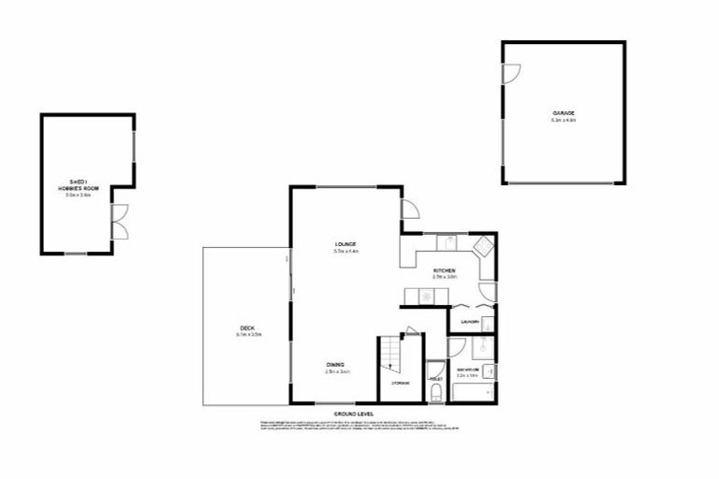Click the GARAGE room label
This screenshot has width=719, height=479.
point(564,113)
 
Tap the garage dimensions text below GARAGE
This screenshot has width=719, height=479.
point(564,121)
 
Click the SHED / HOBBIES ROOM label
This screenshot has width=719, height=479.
point(78,184)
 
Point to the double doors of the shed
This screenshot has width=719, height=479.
point(118,222)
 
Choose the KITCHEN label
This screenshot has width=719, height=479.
point(444,271)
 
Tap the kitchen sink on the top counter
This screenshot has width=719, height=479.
point(449,242)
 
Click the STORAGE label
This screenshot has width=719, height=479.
point(400,383)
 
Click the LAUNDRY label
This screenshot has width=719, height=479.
point(470,323)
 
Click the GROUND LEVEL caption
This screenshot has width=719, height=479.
point(354,413)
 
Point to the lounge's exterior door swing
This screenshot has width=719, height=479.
point(409,210)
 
